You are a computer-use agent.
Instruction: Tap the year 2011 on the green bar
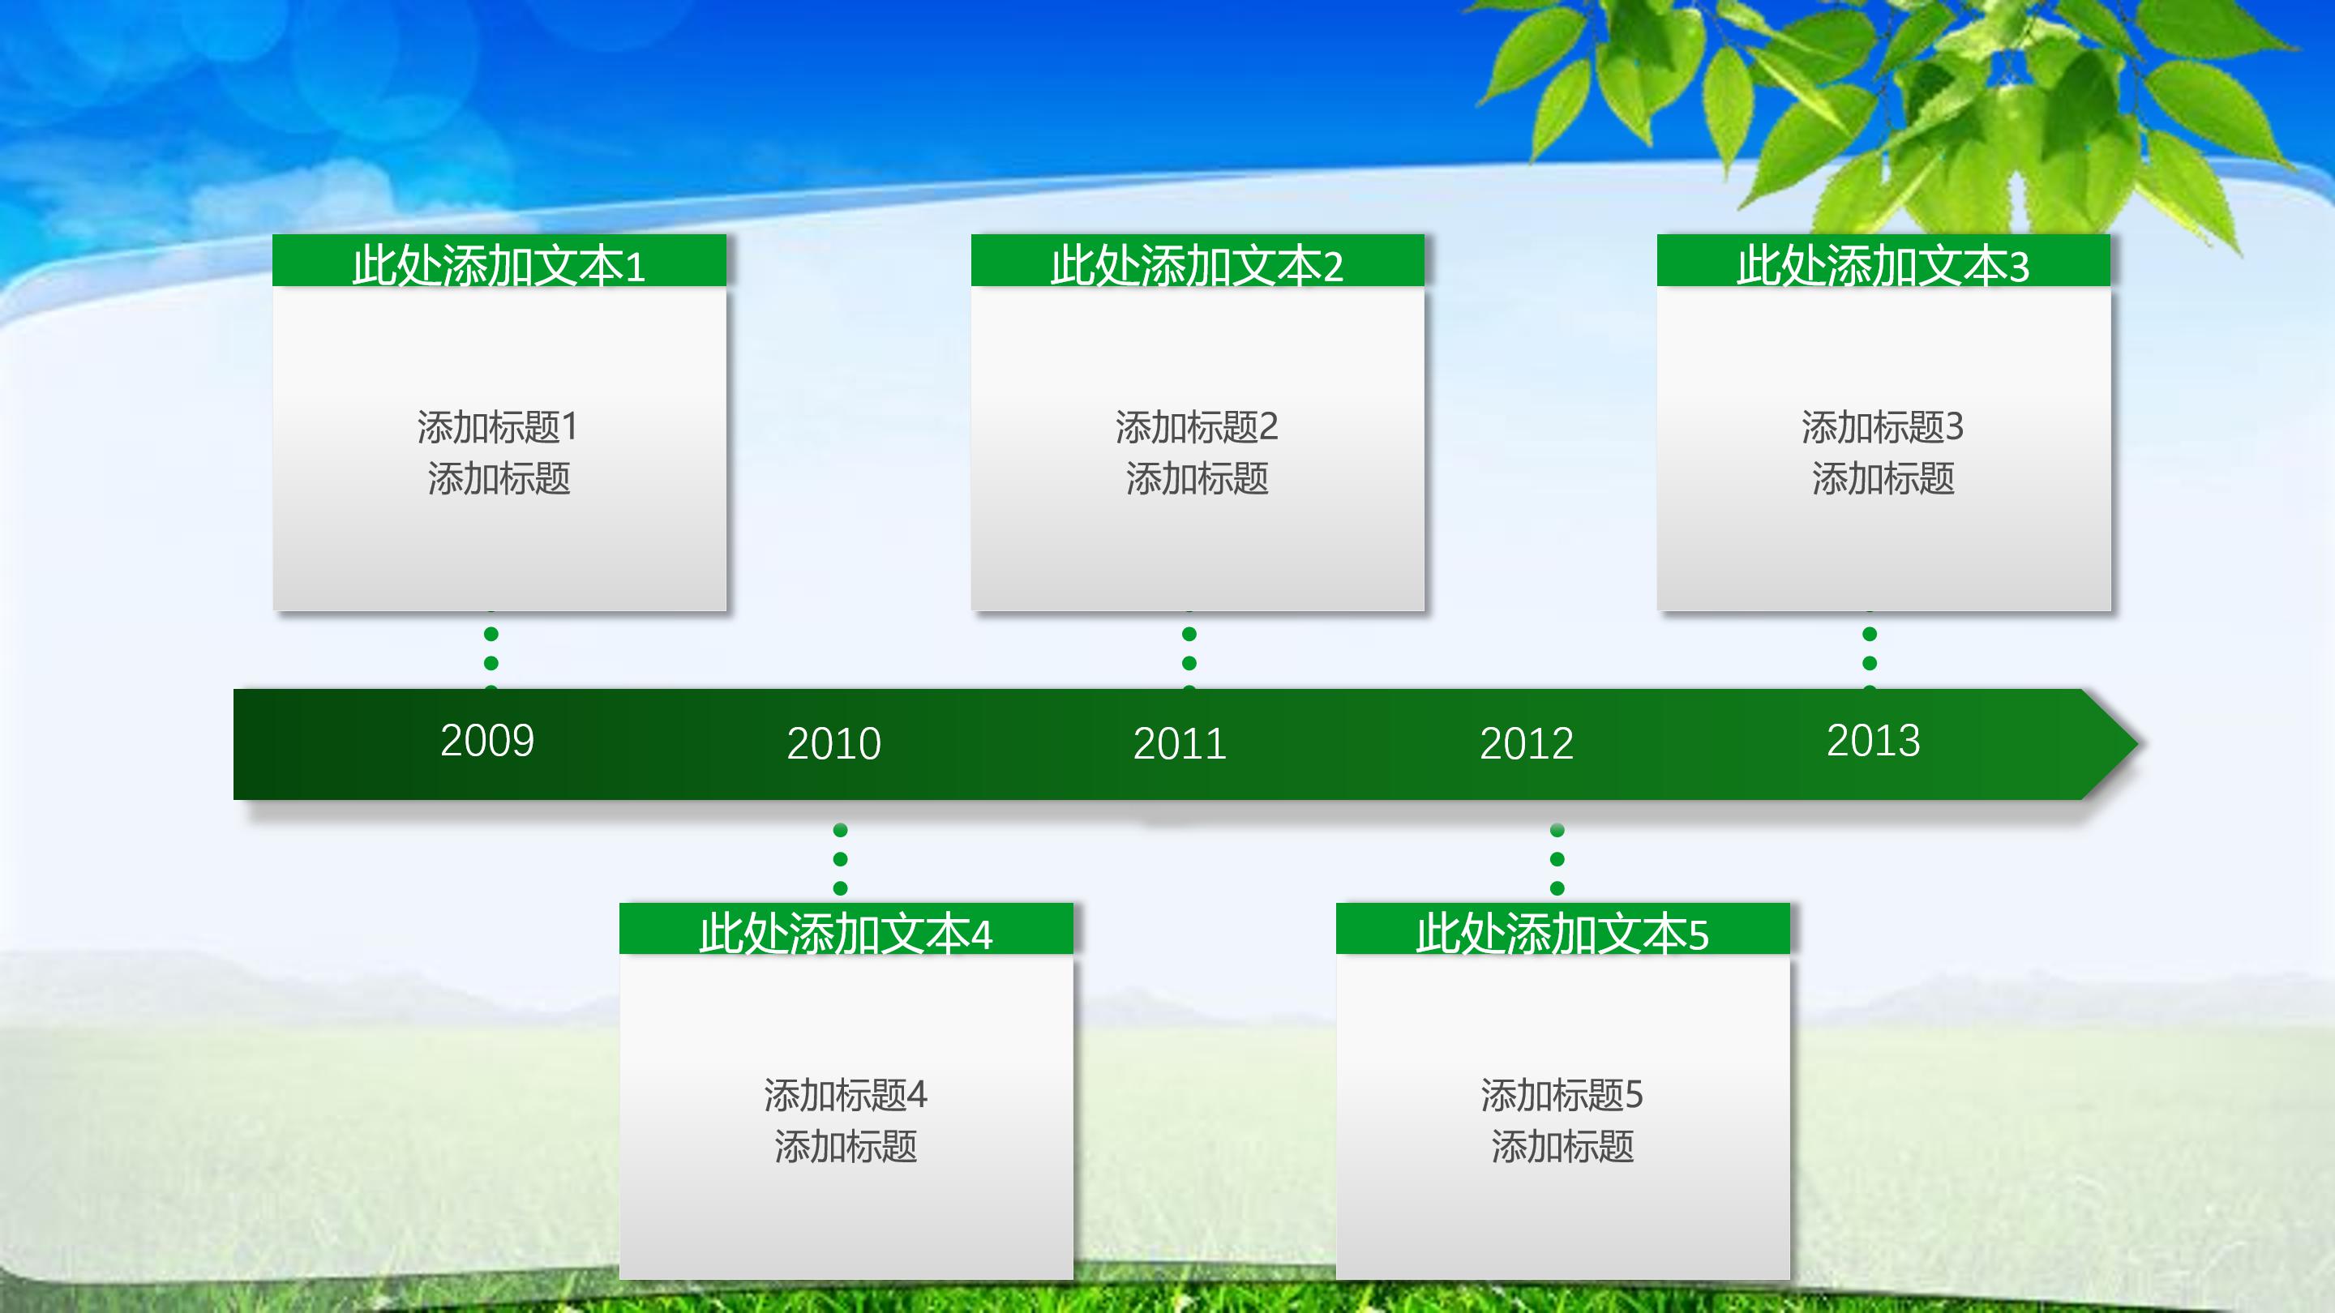click(1180, 744)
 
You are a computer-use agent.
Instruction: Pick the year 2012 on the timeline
click(1526, 744)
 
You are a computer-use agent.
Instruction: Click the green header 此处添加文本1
click(499, 263)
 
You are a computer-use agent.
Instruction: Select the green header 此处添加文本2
click(1197, 263)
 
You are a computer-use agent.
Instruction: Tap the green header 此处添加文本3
click(1883, 263)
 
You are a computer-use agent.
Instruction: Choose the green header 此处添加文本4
click(845, 931)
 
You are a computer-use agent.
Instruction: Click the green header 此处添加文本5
click(1562, 931)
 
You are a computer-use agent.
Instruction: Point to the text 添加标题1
click(498, 427)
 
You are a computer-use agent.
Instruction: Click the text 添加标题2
click(1197, 427)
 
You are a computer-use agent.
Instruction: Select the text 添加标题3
click(1882, 427)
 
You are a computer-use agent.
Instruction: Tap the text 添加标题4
click(845, 1095)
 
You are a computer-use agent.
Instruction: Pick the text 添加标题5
click(1561, 1095)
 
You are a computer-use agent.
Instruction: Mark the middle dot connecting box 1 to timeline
click(491, 662)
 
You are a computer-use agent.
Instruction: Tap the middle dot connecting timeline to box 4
click(840, 859)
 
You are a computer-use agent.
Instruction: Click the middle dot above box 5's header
click(1557, 859)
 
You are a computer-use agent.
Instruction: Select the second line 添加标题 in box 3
click(1883, 478)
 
